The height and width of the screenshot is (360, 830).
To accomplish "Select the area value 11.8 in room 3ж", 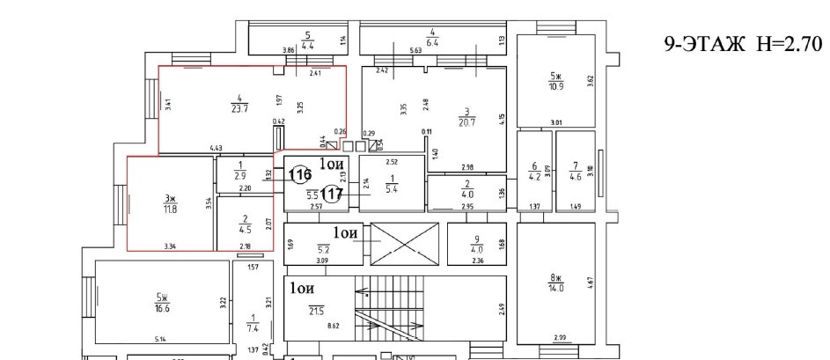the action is click(168, 209).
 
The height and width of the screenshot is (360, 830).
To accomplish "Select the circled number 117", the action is click(332, 193).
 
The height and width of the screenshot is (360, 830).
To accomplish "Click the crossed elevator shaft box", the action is click(404, 244).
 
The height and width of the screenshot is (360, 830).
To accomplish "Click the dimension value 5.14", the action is click(161, 339).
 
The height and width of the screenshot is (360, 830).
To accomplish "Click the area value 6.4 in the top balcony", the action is click(432, 41).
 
